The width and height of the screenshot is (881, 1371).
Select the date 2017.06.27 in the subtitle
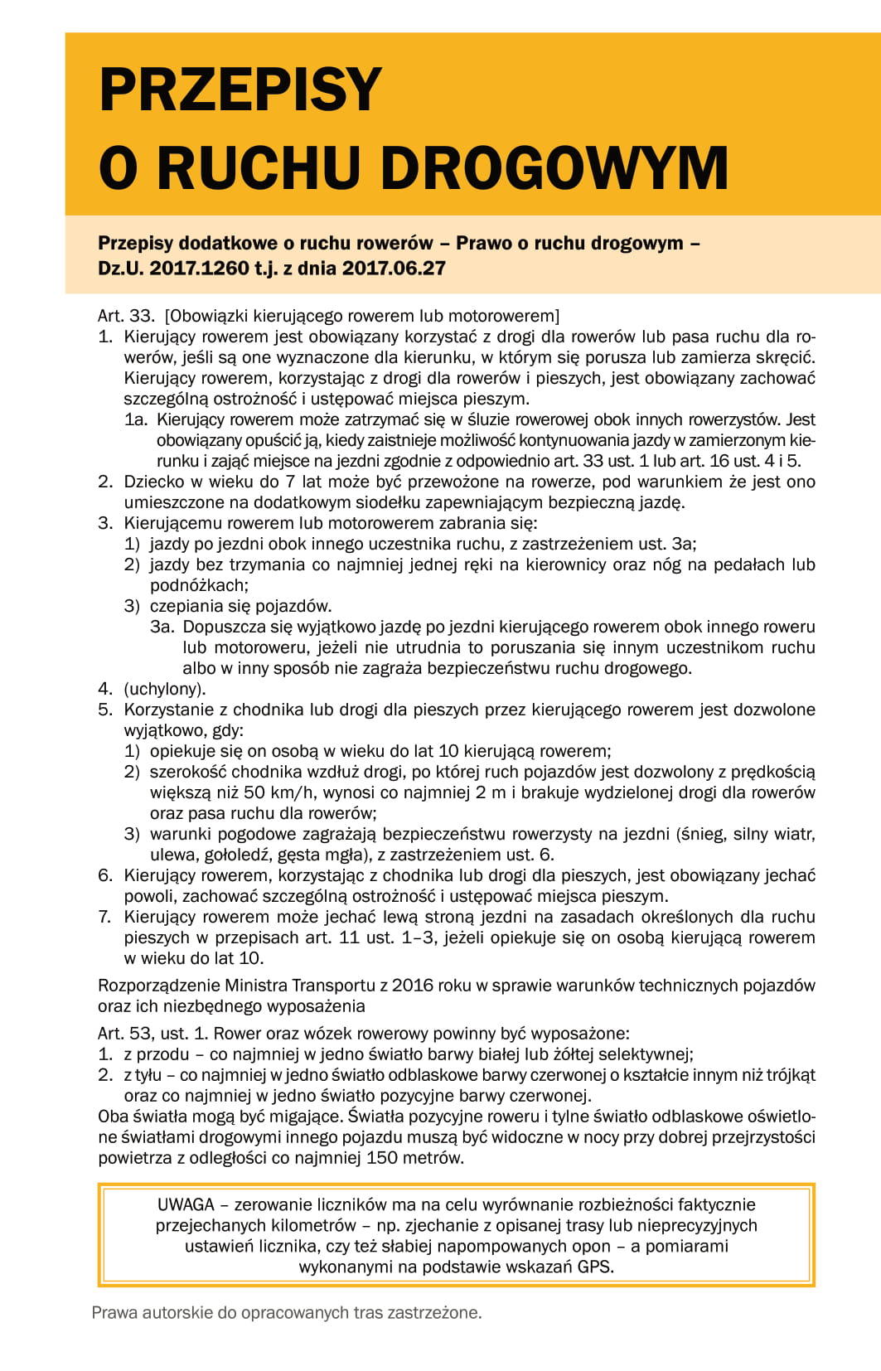coord(394,269)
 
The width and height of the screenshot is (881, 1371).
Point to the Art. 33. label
coord(126,316)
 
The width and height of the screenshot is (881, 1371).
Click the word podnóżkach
coord(197,585)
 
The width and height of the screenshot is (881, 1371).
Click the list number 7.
coord(104,917)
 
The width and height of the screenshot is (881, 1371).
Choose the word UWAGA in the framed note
coord(186,1204)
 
